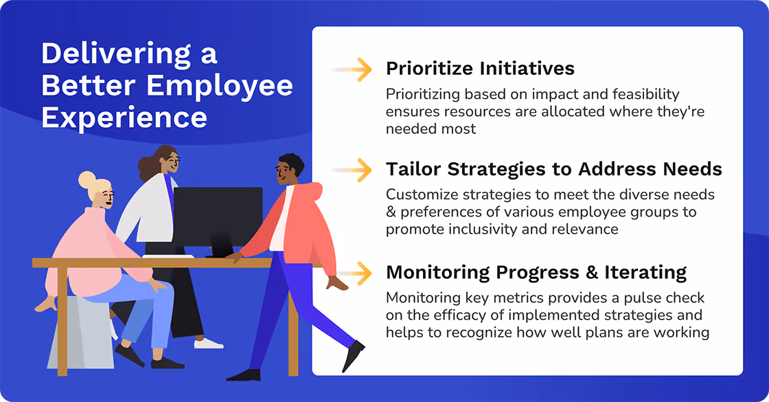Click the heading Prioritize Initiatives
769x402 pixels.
[x=480, y=69]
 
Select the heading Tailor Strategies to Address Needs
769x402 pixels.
[x=553, y=169]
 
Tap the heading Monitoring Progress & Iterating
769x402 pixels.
[x=536, y=272]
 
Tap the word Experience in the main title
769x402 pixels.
[x=124, y=117]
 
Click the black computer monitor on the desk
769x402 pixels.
[x=218, y=213]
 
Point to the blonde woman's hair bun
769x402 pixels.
[x=87, y=180]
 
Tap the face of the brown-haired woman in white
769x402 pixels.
[x=172, y=164]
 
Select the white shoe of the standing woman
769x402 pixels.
[x=209, y=343]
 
